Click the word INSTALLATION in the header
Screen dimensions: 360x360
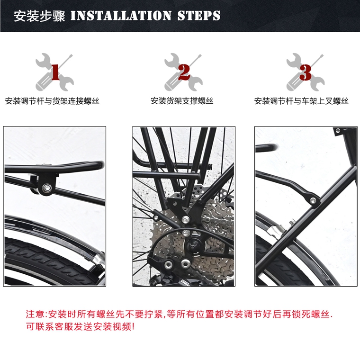click(121, 16)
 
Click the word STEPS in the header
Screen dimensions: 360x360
click(199, 16)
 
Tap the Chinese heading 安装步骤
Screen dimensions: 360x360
click(39, 16)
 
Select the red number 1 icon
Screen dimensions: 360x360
click(55, 72)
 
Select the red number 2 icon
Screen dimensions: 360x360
click(184, 72)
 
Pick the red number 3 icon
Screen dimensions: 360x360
click(306, 72)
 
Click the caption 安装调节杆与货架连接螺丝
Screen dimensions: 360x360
click(52, 101)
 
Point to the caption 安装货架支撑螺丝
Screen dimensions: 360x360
click(182, 101)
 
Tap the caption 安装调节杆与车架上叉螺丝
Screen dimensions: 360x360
click(301, 101)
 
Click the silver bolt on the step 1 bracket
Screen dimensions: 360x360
click(47, 188)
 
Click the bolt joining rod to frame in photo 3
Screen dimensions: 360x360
click(313, 201)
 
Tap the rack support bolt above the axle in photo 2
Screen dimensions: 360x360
click(186, 220)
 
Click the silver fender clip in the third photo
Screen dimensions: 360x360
click(277, 230)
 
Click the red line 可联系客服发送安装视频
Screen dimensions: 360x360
click(80, 326)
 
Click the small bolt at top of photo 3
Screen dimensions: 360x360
click(338, 131)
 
